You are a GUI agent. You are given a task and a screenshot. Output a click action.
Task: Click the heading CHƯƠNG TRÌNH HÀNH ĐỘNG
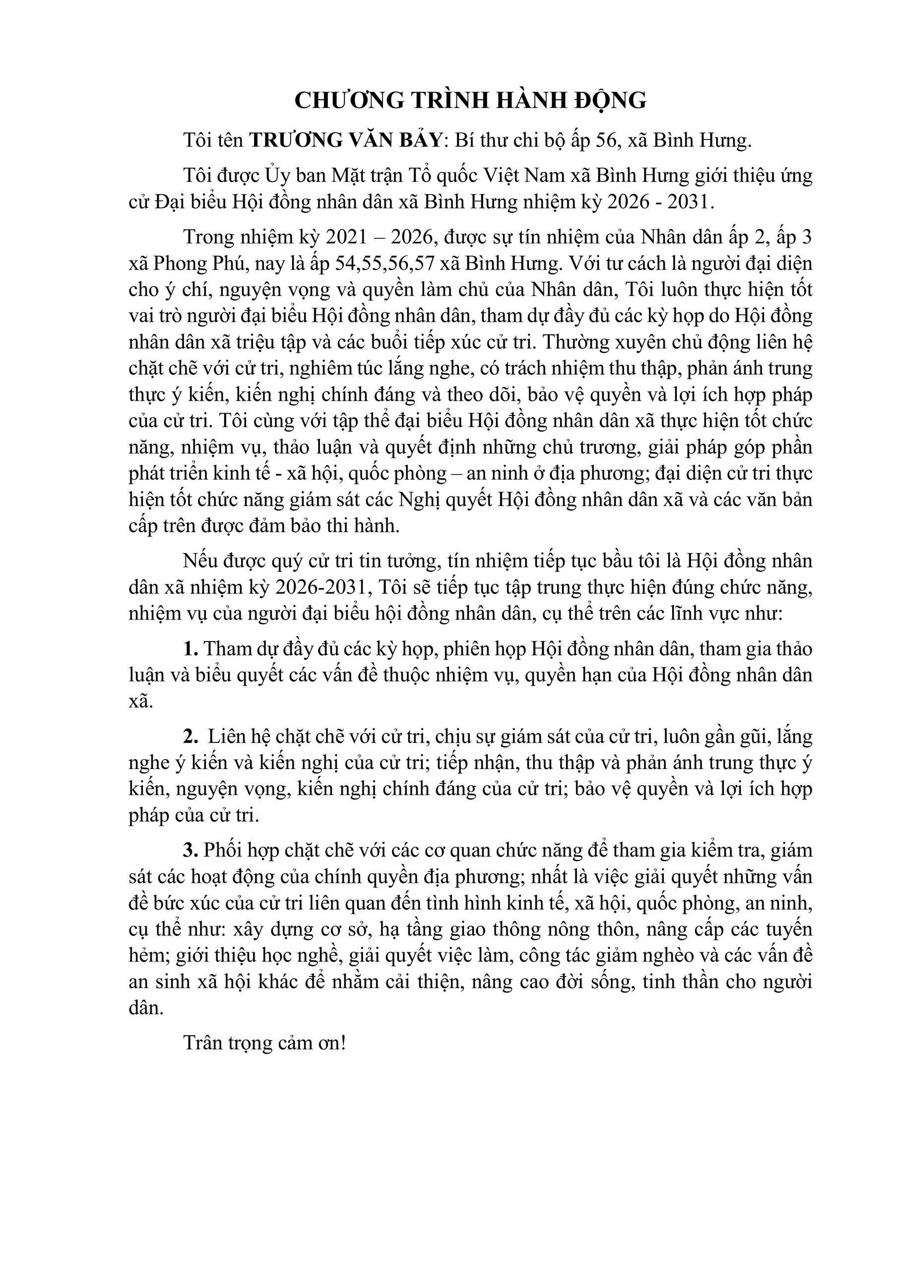click(470, 101)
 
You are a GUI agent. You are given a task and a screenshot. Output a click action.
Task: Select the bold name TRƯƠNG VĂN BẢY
click(345, 141)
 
